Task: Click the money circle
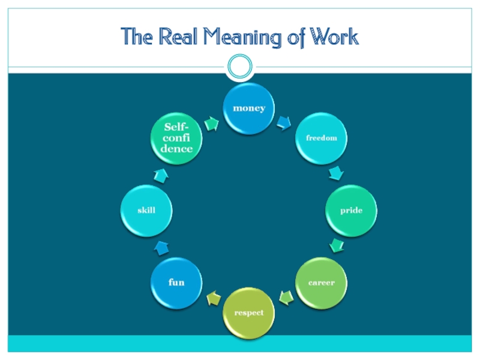pyautogui.click(x=248, y=108)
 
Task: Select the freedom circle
pyautogui.click(x=322, y=138)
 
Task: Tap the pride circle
pyautogui.click(x=351, y=211)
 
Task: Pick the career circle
pyautogui.click(x=322, y=283)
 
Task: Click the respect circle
pyautogui.click(x=248, y=313)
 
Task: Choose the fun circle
pyautogui.click(x=176, y=283)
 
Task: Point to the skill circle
pyautogui.click(x=146, y=211)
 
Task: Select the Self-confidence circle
pyautogui.click(x=176, y=138)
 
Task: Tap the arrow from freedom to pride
pyautogui.click(x=337, y=173)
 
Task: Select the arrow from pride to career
pyautogui.click(x=337, y=246)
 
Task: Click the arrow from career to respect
pyautogui.click(x=286, y=297)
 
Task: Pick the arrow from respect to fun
pyautogui.click(x=212, y=298)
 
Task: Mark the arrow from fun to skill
pyautogui.click(x=161, y=246)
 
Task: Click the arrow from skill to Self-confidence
pyautogui.click(x=161, y=175)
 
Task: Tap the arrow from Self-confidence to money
pyautogui.click(x=211, y=123)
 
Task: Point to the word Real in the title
pyautogui.click(x=178, y=37)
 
